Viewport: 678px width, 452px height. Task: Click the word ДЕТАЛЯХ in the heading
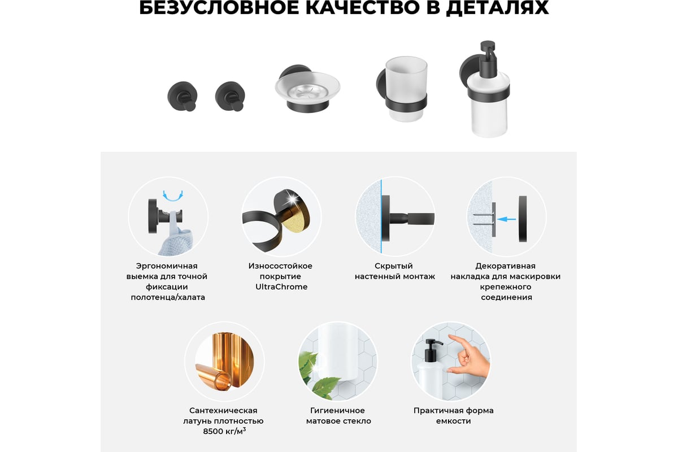point(497,8)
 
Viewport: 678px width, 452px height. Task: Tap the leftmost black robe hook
point(182,96)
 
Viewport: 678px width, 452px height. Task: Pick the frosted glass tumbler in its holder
point(406,89)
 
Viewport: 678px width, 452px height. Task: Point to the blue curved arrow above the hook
point(173,196)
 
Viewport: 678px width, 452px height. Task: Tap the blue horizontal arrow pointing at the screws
point(507,219)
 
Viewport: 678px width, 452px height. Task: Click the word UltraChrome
point(281,286)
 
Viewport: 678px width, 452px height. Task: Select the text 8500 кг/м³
point(224,431)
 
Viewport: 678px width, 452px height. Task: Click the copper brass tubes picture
point(225,361)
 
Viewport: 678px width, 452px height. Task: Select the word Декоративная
point(505,266)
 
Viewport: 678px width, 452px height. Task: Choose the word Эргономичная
point(167,266)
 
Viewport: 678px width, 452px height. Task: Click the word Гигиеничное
point(337,410)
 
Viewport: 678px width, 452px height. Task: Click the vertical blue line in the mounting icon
point(381,216)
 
